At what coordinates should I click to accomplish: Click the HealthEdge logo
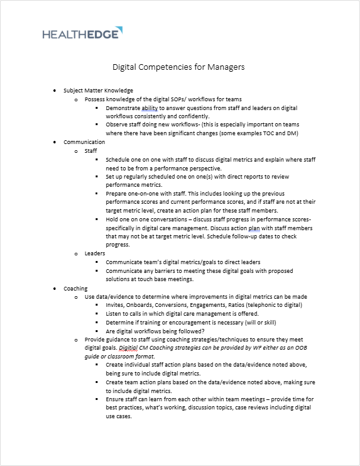(82, 33)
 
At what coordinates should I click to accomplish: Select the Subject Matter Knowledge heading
(98, 91)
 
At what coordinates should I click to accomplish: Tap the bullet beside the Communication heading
(55, 143)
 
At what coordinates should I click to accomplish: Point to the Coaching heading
(75, 289)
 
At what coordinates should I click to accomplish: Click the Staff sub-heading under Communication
(90, 151)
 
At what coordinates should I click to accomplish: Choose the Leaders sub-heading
(95, 253)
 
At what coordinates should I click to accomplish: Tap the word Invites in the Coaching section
(116, 305)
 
